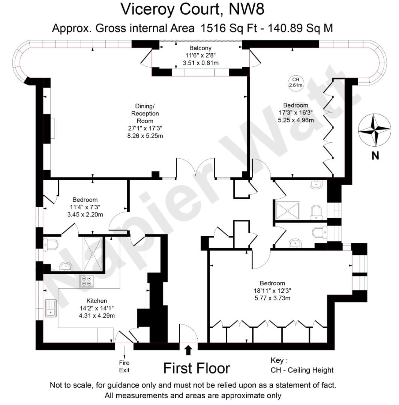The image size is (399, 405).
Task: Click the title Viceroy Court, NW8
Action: coord(192,9)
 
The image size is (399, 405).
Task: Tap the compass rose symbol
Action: coord(375,130)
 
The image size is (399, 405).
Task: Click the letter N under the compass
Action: coord(375,156)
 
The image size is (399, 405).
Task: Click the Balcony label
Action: coord(200,48)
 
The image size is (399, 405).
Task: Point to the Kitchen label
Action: coord(97,301)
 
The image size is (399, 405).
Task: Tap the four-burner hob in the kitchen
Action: coord(86,281)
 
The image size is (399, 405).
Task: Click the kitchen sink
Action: coord(50,308)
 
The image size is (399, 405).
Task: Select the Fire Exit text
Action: coord(124,366)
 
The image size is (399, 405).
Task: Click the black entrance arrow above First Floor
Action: coord(188,350)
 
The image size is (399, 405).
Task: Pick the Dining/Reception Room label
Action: coord(145,113)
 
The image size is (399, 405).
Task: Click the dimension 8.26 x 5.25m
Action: coord(145,135)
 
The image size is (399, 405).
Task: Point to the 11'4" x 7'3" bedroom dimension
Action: coord(85,207)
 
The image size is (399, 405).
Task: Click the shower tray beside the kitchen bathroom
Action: coord(92,253)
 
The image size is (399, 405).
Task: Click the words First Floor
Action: coord(196,368)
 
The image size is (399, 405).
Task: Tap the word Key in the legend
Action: coord(279,360)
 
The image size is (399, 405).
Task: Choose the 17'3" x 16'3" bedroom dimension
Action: coord(295,112)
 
